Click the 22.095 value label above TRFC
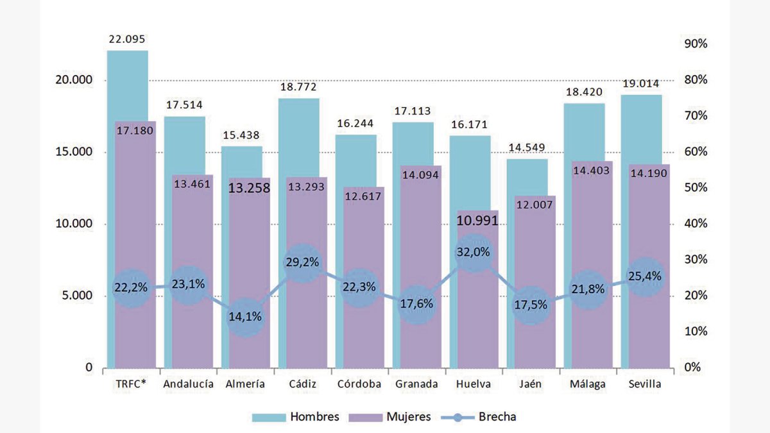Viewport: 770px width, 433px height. click(x=128, y=39)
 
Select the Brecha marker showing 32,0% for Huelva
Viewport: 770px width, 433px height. click(x=474, y=252)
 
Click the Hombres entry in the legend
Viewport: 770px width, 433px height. click(x=296, y=417)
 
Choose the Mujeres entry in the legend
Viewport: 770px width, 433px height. click(x=391, y=417)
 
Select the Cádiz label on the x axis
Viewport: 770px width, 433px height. click(x=302, y=384)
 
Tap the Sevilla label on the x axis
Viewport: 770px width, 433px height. click(x=644, y=384)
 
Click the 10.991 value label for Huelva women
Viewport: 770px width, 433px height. click(x=477, y=221)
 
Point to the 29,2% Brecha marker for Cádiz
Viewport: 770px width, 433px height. click(x=302, y=262)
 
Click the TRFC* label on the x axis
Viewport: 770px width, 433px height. click(x=131, y=384)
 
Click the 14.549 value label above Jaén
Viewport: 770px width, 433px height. click(x=528, y=148)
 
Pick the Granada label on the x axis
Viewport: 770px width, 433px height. click(x=416, y=384)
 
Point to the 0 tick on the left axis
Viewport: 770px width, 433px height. click(x=89, y=368)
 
